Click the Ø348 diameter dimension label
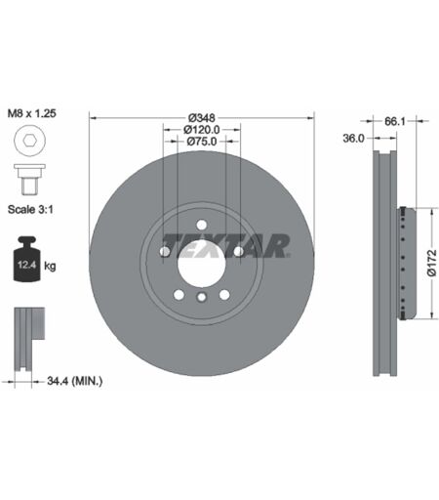coord(202,117)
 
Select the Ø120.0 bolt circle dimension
coord(202,130)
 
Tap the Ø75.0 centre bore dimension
coord(202,142)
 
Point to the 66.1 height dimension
coord(395,121)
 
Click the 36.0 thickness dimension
coord(353,139)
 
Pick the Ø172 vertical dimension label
coord(432,263)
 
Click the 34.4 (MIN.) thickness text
coord(75,381)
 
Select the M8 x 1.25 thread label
coord(32,113)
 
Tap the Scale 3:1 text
coord(30,209)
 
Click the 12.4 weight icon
coord(26,259)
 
